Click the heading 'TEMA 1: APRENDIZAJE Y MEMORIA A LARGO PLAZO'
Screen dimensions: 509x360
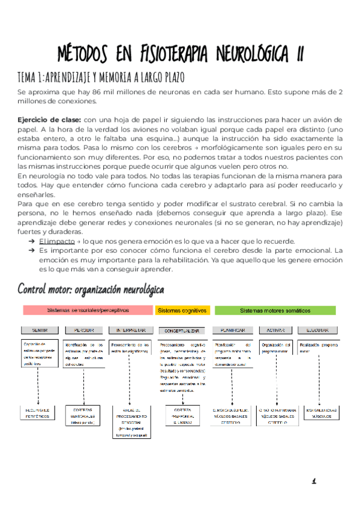(101, 78)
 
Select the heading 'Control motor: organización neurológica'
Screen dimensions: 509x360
(91, 289)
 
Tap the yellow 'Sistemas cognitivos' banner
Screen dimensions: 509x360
(182, 310)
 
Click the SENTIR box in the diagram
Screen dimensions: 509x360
(39, 330)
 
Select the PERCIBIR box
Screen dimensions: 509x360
(83, 330)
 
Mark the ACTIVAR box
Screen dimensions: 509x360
(274, 330)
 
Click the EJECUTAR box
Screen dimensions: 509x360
(317, 330)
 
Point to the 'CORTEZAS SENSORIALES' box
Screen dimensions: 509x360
(83, 414)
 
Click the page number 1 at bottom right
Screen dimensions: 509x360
(313, 481)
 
